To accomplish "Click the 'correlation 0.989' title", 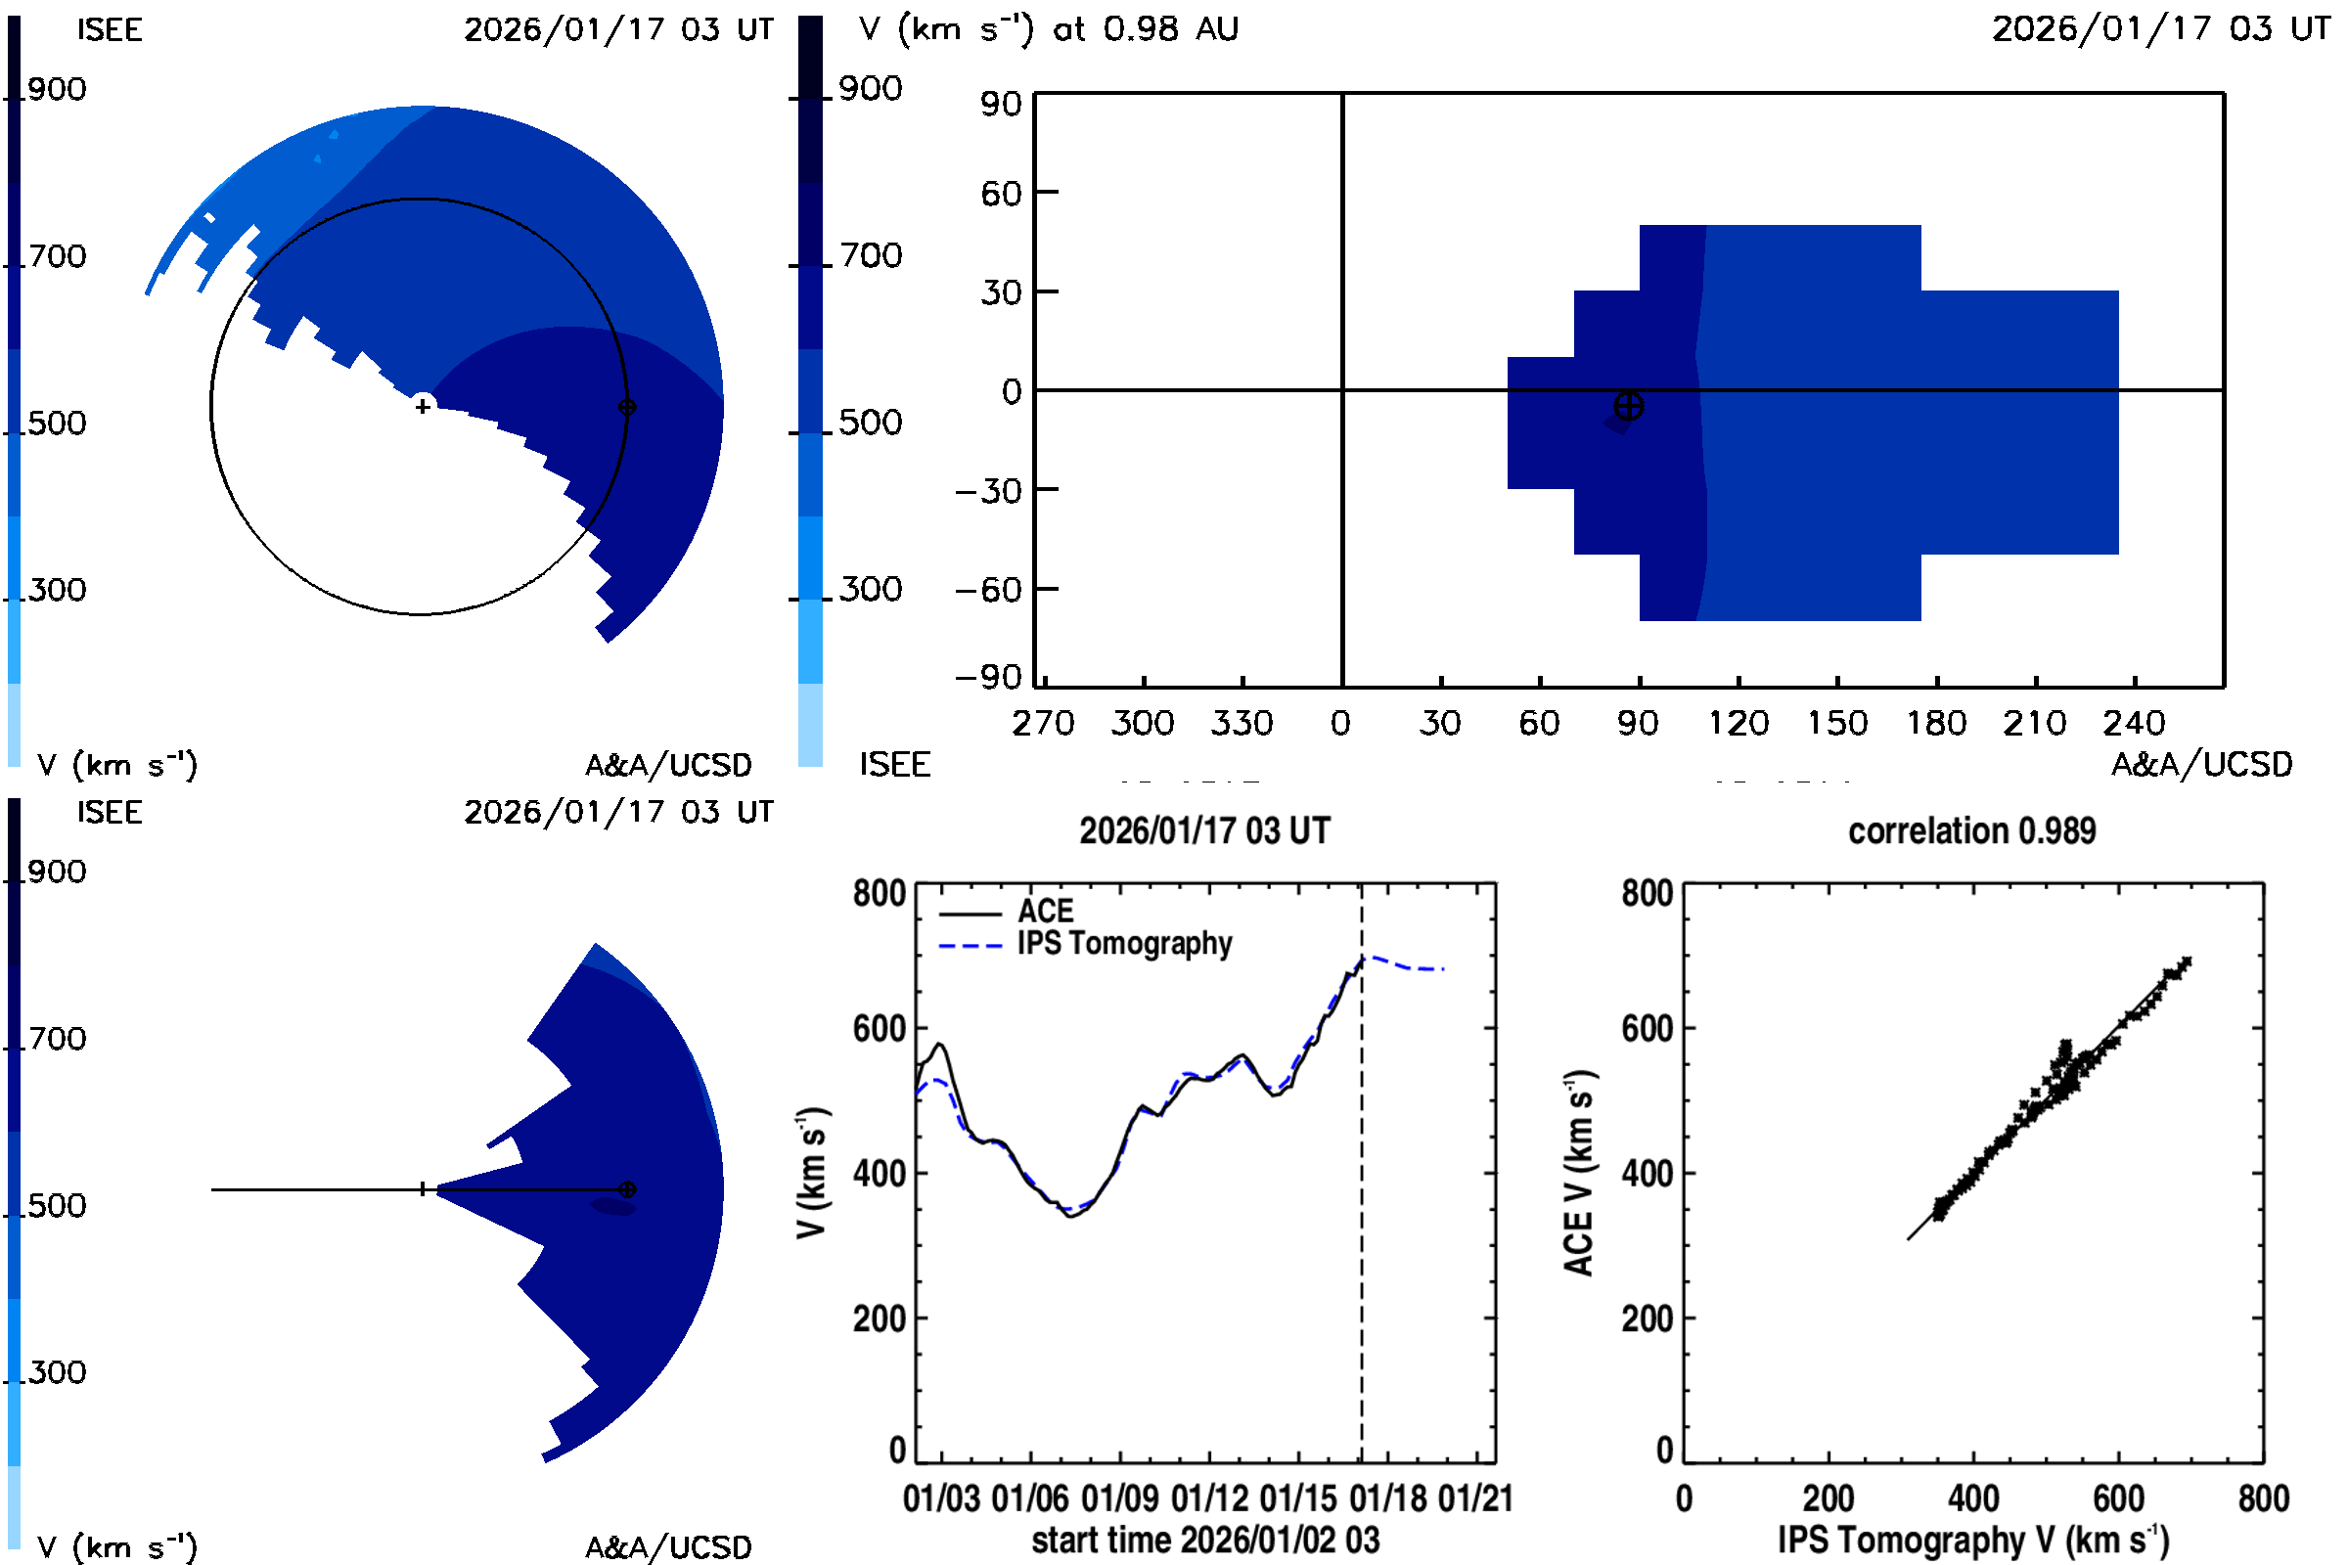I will pos(1970,831).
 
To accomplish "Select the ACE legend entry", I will pos(1044,912).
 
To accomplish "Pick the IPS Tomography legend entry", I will pos(1123,943).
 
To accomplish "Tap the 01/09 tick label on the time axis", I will pos(1119,1498).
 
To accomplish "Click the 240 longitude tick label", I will pos(2134,723).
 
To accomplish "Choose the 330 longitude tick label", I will pos(1241,723).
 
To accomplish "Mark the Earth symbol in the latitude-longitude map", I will pos(1628,406).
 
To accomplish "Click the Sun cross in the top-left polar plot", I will pos(424,406).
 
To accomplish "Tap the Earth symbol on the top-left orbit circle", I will pos(627,407).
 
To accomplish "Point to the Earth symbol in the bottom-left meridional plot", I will pos(627,1189).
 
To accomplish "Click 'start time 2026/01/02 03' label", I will pos(1205,1540).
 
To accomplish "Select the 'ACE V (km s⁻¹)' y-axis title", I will pos(1578,1173).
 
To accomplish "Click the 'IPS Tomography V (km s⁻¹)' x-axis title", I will pos(1972,1540).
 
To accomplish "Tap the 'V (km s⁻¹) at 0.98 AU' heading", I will pos(1048,29).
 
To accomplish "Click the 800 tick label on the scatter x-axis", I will pos(2263,1498).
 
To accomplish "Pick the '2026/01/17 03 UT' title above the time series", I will pos(1204,831).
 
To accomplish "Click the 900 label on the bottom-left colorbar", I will pos(57,872).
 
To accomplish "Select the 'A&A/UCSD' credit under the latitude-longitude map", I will pos(2201,765).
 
